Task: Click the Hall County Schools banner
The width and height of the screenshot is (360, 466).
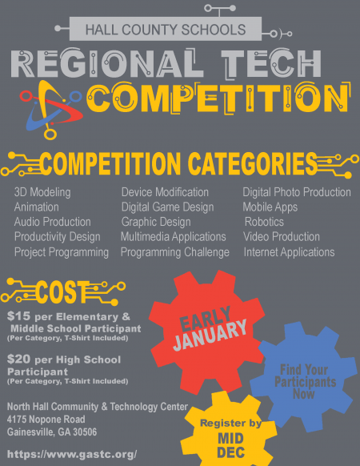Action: click(166, 29)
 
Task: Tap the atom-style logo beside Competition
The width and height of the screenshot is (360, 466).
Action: click(51, 110)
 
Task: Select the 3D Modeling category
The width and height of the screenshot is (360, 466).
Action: click(42, 192)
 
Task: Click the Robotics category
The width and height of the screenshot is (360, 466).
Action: click(264, 222)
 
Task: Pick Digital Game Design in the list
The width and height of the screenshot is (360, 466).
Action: click(167, 207)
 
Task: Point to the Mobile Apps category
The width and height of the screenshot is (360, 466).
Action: click(270, 207)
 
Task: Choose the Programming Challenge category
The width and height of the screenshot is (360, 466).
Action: click(175, 252)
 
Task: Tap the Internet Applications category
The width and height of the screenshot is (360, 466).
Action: click(289, 252)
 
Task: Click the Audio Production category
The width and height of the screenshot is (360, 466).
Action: click(52, 222)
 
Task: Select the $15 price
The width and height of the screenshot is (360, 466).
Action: click(18, 316)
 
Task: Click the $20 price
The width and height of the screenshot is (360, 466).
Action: click(18, 359)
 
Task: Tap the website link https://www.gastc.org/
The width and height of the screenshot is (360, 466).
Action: click(72, 454)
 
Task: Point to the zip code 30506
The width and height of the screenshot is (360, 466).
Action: click(86, 432)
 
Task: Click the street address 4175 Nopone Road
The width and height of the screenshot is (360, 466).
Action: click(46, 420)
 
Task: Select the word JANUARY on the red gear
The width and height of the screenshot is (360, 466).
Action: click(210, 335)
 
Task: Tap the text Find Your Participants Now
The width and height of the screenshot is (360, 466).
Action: click(305, 382)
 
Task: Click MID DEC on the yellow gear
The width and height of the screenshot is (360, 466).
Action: click(230, 445)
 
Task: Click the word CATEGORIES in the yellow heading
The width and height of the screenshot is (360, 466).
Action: click(253, 164)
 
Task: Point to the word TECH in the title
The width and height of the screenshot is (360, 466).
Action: click(271, 64)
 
